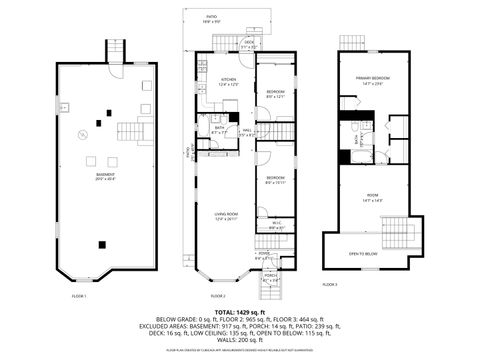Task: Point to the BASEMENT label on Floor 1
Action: [x=103, y=177]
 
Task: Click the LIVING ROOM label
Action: [x=223, y=216]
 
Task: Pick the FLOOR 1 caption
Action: [x=79, y=297]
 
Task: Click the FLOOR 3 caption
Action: [x=358, y=286]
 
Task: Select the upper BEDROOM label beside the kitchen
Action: [x=277, y=93]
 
